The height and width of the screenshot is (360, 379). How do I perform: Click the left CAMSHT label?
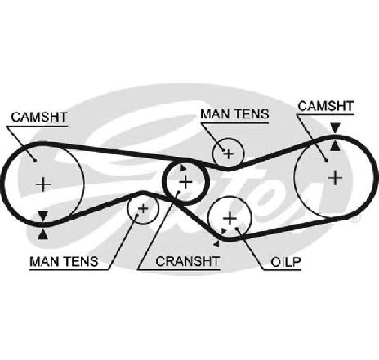[39, 117]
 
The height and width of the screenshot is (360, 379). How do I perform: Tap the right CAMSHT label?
[326, 106]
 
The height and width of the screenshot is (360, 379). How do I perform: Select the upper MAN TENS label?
[234, 114]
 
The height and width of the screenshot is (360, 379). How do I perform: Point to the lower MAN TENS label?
[64, 261]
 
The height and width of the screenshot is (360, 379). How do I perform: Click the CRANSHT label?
[187, 261]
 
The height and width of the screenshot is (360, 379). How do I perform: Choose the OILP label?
[286, 262]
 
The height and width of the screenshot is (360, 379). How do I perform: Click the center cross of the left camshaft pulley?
[43, 184]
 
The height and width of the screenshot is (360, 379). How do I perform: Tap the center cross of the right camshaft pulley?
[335, 178]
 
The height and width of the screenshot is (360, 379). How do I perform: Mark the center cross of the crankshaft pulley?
[186, 182]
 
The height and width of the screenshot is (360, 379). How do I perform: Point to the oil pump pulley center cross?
[230, 218]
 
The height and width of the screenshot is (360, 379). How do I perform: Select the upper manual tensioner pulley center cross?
[229, 154]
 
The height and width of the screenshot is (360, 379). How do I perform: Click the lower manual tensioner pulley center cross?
[143, 209]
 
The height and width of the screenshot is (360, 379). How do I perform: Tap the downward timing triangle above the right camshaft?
[336, 127]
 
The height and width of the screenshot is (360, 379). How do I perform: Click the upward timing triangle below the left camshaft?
[43, 234]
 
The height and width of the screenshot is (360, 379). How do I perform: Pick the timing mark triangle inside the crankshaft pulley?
[182, 168]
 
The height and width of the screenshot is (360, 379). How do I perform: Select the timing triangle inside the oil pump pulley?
[224, 231]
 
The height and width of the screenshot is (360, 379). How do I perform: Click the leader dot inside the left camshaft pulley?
[34, 161]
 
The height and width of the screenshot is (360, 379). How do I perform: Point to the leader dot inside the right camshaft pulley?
[326, 161]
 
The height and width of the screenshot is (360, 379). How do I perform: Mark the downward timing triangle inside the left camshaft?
[43, 216]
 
